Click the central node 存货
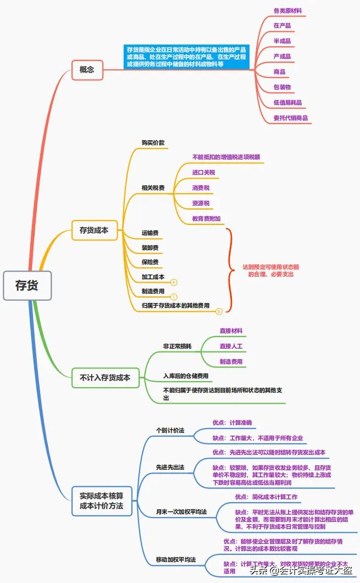tap(27, 285)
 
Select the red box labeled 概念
tap(87, 70)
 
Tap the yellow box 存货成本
tap(94, 230)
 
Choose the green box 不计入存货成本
tap(105, 378)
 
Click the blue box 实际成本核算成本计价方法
tap(102, 501)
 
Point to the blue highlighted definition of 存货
tap(186, 57)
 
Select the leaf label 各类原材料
tap(287, 10)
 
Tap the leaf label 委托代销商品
tap(290, 118)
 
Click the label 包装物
tap(282, 87)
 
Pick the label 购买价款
tap(153, 142)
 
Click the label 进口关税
tap(203, 173)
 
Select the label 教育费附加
tap(207, 218)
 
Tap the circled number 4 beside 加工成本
tap(174, 282)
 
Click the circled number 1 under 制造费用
tap(174, 296)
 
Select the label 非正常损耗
tap(177, 346)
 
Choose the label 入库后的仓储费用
tap(186, 376)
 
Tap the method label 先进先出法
tap(170, 467)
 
